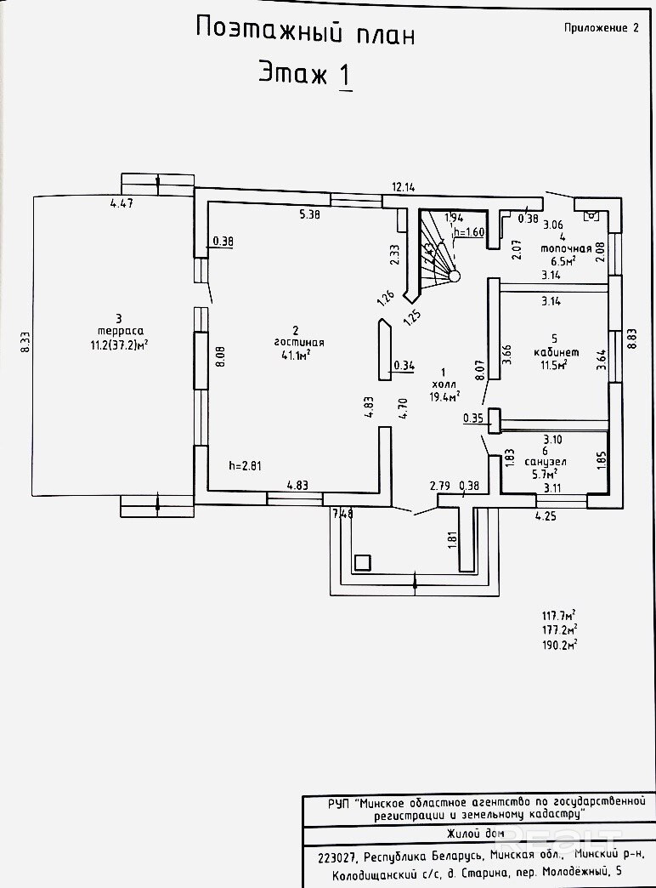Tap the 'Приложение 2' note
tap(601, 27)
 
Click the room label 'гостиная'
tap(296, 343)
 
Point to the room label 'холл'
tap(443, 384)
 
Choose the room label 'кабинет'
tap(556, 351)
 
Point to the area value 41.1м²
tap(296, 356)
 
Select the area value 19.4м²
tap(445, 396)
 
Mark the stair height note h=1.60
tap(469, 231)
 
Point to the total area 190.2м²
tap(559, 645)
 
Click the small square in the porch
tap(362, 561)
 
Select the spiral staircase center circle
tap(455, 276)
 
